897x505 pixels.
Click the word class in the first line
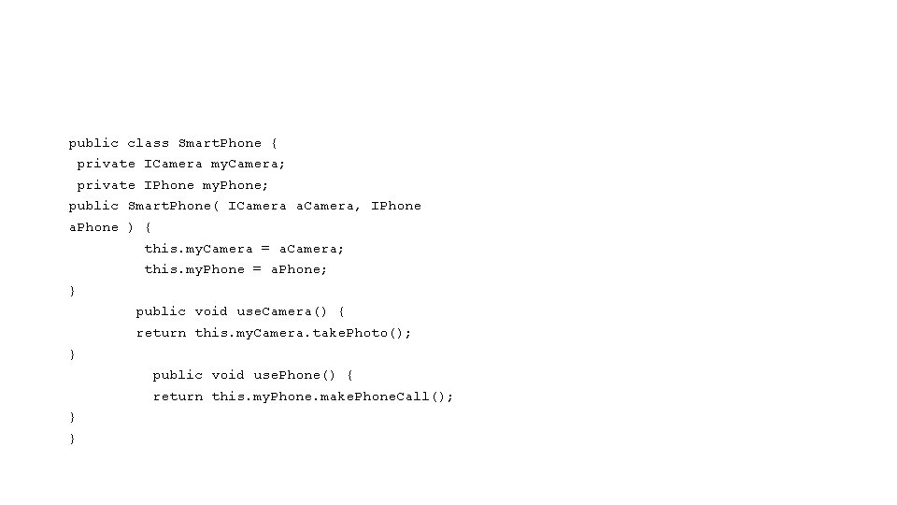pyautogui.click(x=149, y=143)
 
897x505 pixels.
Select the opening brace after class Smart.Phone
pyautogui.click(x=274, y=143)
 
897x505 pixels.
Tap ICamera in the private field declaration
pyautogui.click(x=173, y=164)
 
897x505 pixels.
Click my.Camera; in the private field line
pyautogui.click(x=249, y=164)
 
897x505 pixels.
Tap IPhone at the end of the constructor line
pyautogui.click(x=396, y=206)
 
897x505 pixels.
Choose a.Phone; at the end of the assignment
pyautogui.click(x=299, y=269)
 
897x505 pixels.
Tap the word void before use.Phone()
pyautogui.click(x=228, y=375)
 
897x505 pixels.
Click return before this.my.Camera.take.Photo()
pyautogui.click(x=161, y=333)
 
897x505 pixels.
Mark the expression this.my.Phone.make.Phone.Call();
pyautogui.click(x=333, y=397)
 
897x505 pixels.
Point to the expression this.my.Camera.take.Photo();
pyautogui.click(x=303, y=333)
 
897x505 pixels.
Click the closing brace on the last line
pyautogui.click(x=73, y=439)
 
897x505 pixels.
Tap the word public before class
pyautogui.click(x=93, y=143)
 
